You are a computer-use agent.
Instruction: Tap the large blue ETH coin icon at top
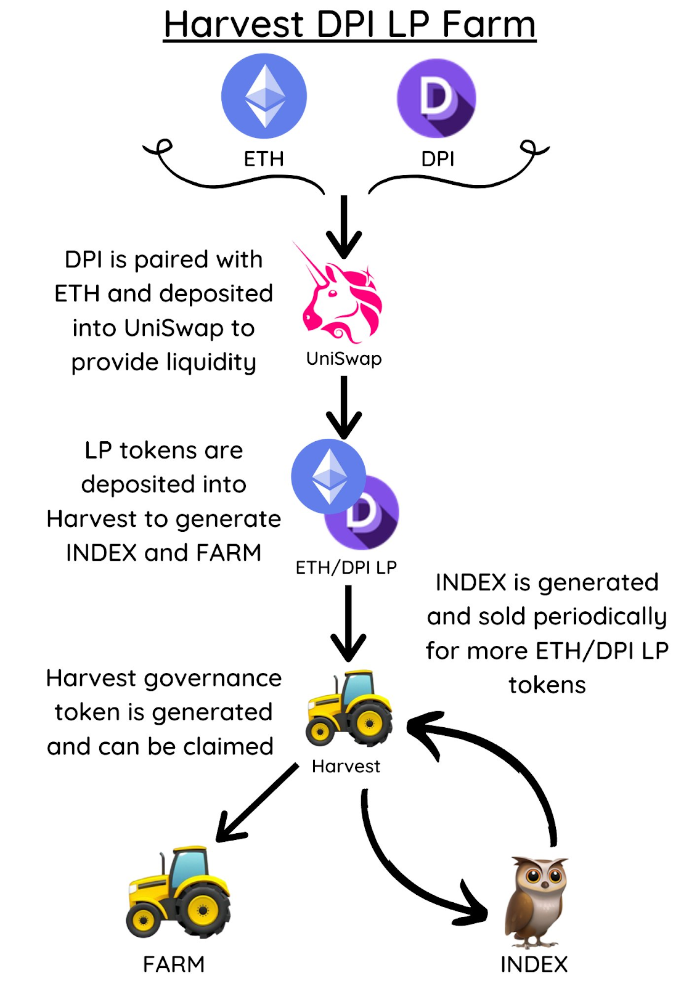(x=264, y=96)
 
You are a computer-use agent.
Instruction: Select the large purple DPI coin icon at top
(x=436, y=98)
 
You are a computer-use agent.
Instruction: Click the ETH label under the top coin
(x=264, y=159)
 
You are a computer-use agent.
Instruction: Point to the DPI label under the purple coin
(x=438, y=159)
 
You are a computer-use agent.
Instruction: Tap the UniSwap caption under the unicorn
(x=344, y=359)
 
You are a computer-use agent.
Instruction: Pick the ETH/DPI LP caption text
(x=346, y=568)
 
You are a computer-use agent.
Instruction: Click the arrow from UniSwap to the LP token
(x=344, y=407)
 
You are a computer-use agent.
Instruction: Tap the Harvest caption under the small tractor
(x=346, y=767)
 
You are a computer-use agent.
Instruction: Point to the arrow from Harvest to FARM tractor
(x=258, y=804)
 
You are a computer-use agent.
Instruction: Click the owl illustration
(x=536, y=902)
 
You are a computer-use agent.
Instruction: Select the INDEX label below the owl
(x=534, y=964)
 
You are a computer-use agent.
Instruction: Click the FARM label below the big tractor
(x=174, y=964)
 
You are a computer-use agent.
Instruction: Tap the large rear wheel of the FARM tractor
(x=203, y=910)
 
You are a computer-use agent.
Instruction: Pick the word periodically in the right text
(x=601, y=617)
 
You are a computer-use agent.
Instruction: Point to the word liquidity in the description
(x=211, y=364)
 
